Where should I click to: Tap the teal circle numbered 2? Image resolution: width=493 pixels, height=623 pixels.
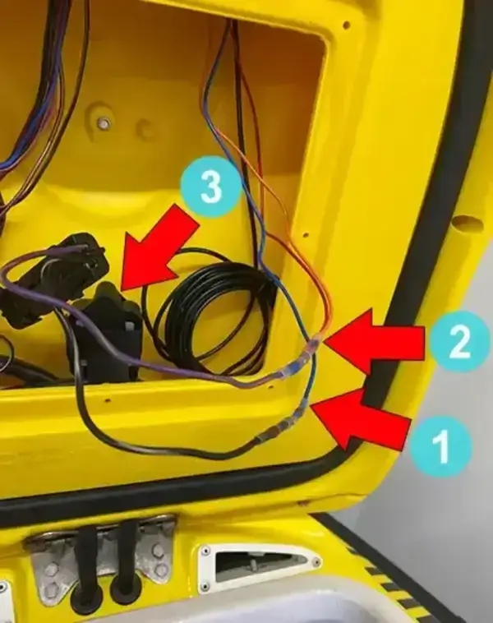pyautogui.click(x=458, y=342)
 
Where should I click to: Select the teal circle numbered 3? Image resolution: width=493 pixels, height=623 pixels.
pyautogui.click(x=210, y=188)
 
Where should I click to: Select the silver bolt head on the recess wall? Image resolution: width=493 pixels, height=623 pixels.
pyautogui.click(x=104, y=123)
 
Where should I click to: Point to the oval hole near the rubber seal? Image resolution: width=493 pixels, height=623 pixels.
pyautogui.click(x=465, y=222)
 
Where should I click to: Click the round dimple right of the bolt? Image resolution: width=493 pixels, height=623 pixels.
pyautogui.click(x=145, y=129)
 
